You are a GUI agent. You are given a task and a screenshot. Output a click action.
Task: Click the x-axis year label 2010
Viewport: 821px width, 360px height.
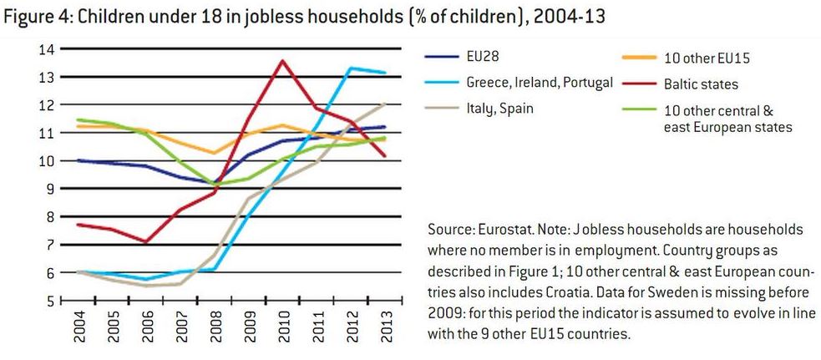pyautogui.click(x=283, y=325)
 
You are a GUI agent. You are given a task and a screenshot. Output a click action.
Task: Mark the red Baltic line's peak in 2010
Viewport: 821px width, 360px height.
pyautogui.click(x=283, y=60)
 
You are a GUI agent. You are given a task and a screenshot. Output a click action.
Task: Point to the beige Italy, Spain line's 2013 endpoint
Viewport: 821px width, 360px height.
pyautogui.click(x=385, y=104)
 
